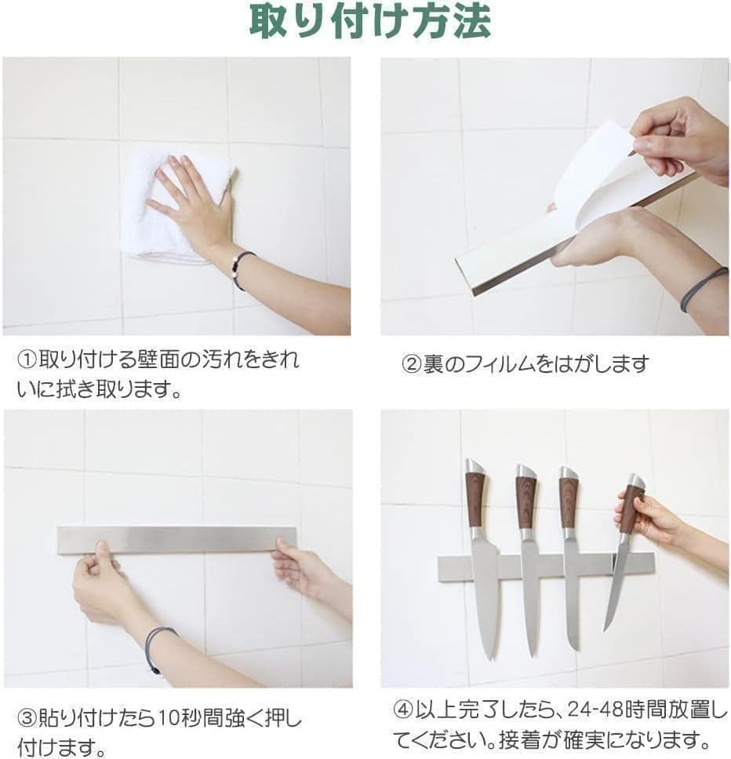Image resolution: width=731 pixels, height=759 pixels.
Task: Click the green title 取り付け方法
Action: (370, 22)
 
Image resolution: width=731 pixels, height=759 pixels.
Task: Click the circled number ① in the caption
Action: (27, 359)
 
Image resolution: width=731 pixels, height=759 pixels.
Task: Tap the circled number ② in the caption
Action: (412, 364)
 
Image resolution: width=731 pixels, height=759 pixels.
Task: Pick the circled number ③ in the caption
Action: (27, 718)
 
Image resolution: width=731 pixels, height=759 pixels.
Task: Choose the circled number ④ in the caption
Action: (403, 710)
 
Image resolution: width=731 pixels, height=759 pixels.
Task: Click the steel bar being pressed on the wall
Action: (176, 539)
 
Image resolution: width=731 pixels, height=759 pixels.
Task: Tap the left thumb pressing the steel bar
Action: (102, 551)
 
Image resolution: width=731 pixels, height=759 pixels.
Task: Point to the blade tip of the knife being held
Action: (606, 629)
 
